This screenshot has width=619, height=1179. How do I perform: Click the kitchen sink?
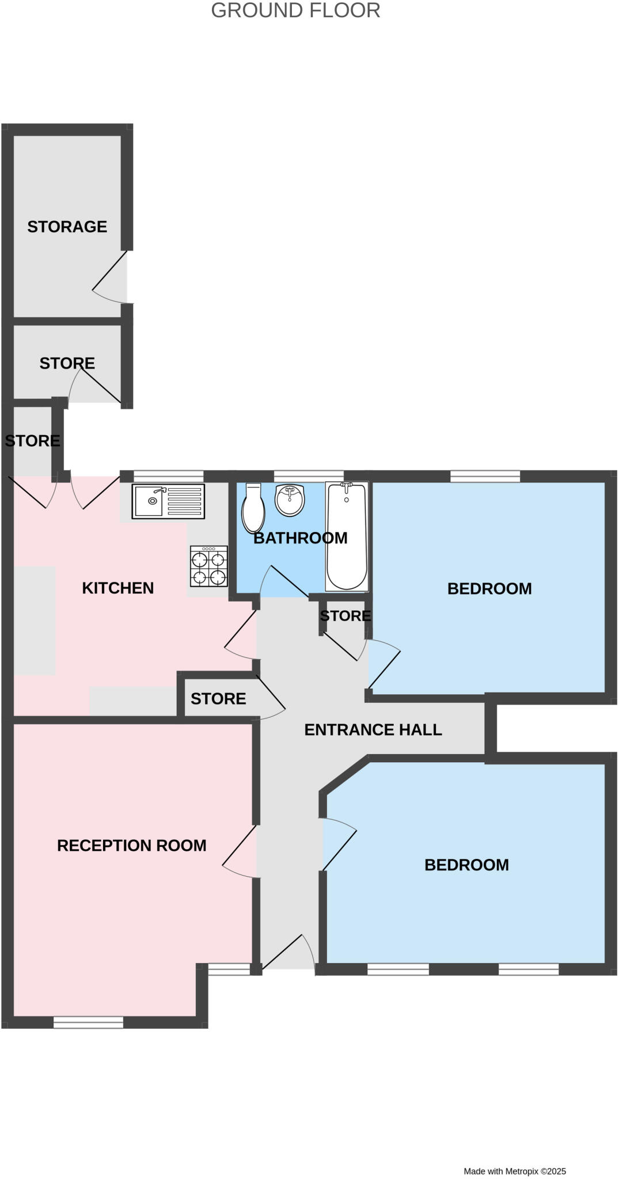(168, 501)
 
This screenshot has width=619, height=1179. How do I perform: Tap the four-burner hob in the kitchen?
(208, 566)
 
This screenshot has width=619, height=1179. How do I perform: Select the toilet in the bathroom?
(253, 508)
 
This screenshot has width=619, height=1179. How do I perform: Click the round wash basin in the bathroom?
(289, 500)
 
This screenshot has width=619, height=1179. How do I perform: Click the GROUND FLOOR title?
(295, 10)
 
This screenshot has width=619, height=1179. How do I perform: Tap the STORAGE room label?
(67, 227)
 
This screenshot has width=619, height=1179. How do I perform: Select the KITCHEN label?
(118, 588)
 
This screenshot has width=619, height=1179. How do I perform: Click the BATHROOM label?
(301, 538)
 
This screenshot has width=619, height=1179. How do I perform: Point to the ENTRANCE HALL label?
(373, 729)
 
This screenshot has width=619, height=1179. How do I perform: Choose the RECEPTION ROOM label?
(132, 845)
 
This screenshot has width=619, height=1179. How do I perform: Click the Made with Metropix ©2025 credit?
(515, 1171)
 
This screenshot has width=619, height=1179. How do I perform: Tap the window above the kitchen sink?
(168, 476)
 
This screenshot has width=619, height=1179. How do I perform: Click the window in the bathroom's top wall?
(309, 476)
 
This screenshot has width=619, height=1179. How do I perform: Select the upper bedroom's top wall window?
(485, 476)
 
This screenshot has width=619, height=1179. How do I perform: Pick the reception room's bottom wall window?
(88, 1022)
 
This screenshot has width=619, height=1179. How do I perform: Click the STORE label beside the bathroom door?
(345, 615)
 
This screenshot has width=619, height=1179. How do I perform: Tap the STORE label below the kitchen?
(218, 698)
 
